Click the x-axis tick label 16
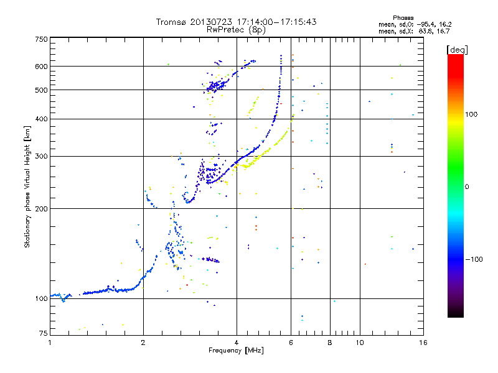tap(422, 343)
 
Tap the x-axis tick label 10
tap(359, 343)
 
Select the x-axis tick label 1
tap(50, 343)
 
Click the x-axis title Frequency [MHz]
tap(236, 351)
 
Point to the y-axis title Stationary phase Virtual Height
tap(27, 186)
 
